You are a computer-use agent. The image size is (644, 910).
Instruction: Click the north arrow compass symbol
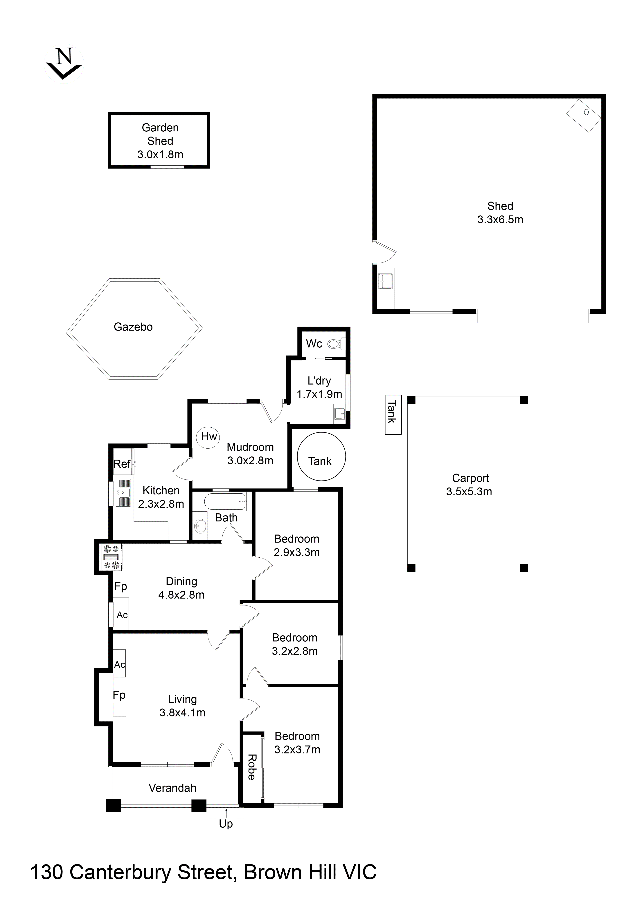tap(63, 64)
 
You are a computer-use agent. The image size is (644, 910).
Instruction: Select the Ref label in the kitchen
tap(122, 464)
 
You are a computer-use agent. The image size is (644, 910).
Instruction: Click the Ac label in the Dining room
tap(122, 615)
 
